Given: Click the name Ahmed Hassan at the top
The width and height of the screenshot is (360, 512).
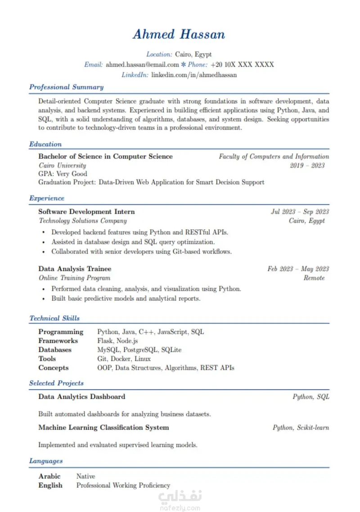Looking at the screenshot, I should click(179, 35).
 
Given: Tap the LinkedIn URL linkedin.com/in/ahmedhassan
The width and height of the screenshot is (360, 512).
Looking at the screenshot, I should click(194, 75).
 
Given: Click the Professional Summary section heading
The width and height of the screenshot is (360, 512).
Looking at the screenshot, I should click(66, 87).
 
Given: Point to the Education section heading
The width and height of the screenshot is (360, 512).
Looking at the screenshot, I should click(45, 145).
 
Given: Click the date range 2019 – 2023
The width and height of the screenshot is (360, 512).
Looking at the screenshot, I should click(307, 165).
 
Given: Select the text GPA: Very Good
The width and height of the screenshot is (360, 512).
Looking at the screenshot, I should click(63, 174).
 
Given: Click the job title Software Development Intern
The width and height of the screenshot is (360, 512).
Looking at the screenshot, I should click(86, 212).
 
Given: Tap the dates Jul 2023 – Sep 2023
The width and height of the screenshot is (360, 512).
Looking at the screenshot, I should click(300, 212).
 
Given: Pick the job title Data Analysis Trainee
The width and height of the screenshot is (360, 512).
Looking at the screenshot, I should click(75, 269).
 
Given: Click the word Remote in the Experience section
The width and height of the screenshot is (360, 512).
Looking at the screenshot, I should click(314, 278).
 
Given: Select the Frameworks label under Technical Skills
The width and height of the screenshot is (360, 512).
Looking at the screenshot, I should click(58, 341).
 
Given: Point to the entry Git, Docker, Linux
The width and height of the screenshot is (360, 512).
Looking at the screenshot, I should click(124, 359).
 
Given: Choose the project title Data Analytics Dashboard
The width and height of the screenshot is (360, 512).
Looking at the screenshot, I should click(81, 397).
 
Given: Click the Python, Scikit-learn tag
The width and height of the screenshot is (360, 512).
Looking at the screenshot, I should click(301, 427).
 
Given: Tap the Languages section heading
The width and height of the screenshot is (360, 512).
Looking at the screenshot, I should click(46, 461).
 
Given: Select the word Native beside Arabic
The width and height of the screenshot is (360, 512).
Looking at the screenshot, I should click(85, 476).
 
